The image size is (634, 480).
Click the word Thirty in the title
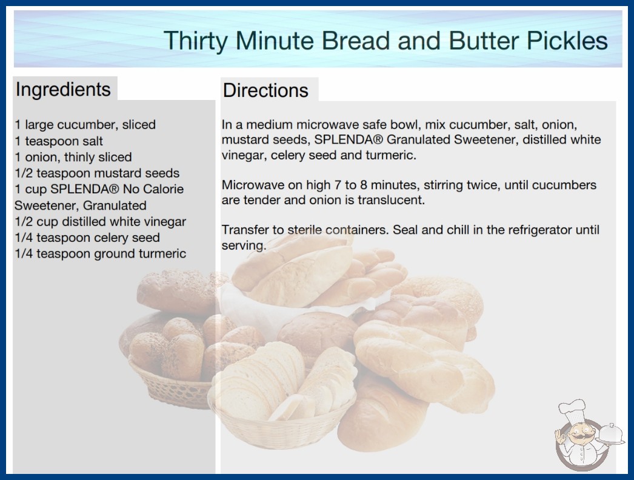pos(196,41)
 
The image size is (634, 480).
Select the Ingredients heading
pos(63,89)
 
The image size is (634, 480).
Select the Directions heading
pos(265,90)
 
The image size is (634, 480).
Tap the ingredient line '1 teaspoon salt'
pos(59,141)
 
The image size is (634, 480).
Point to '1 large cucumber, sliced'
pos(85,125)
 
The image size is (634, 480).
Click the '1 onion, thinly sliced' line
pos(73,157)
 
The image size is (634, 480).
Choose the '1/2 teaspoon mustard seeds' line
pos(97,173)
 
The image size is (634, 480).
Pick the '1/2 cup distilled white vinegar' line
pos(100,222)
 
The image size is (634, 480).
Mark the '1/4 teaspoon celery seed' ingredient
pos(87,238)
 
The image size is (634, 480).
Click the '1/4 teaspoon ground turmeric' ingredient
pos(100,253)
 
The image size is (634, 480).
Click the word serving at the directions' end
pos(244,245)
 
